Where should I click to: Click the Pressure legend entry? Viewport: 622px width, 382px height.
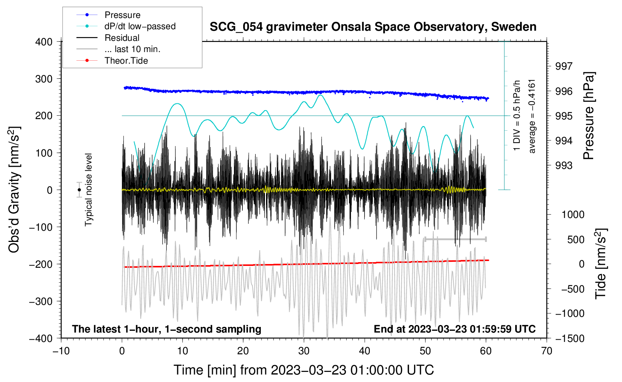[122, 15]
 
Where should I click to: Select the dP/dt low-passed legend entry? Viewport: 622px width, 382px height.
[140, 26]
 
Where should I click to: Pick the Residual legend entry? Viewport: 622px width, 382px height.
[122, 38]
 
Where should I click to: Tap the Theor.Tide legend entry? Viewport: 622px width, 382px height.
[126, 61]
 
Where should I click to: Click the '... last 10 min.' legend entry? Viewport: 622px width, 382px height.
[132, 49]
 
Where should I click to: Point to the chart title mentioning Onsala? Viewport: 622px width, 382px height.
[373, 27]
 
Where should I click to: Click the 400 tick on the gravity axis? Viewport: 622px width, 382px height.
[44, 42]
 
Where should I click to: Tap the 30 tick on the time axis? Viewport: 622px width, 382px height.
[304, 351]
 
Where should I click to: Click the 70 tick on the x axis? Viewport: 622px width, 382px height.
[547, 351]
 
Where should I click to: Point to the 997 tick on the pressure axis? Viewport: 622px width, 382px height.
[564, 66]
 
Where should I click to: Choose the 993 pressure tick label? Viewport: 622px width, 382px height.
[564, 166]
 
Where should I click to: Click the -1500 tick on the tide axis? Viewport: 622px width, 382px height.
[570, 338]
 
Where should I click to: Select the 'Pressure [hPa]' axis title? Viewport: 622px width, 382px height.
[589, 116]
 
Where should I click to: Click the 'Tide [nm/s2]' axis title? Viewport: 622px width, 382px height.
[601, 263]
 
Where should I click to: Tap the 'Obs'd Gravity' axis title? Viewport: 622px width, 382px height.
[14, 190]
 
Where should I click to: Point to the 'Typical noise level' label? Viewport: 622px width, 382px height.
[88, 190]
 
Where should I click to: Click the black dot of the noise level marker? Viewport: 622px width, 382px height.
[79, 190]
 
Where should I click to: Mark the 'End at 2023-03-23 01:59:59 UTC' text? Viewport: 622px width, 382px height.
[455, 329]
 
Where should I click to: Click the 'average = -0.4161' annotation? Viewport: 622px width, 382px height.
[532, 116]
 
